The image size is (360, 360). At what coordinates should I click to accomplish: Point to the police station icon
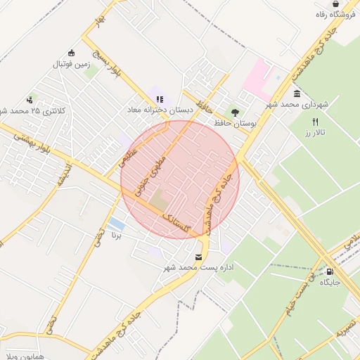29,100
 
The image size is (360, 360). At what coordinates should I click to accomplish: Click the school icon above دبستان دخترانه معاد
160,99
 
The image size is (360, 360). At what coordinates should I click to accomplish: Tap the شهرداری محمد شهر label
297,105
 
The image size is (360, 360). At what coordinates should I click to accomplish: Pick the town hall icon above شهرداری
297,94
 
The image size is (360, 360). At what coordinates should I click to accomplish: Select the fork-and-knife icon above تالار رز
315,122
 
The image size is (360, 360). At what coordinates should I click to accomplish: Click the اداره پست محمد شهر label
199,268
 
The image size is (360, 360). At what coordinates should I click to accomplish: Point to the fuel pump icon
330,271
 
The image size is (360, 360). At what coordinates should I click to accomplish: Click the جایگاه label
330,283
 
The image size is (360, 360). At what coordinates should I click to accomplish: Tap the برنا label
117,236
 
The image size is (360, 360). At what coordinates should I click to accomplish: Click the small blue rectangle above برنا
117,225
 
